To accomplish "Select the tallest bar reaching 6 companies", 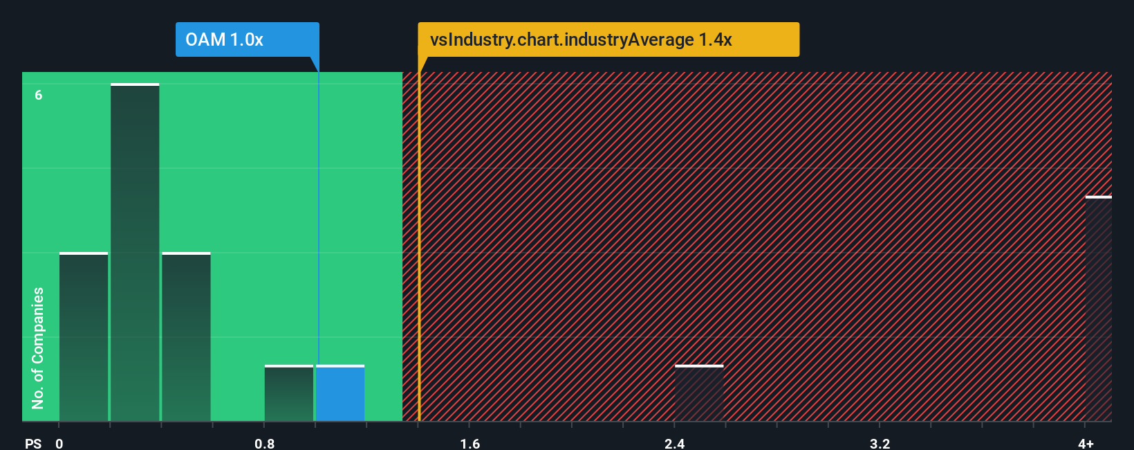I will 135,253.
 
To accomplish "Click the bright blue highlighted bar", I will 340,393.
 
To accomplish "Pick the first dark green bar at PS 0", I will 84,337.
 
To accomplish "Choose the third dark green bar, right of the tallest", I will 186,337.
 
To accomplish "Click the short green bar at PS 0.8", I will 288,393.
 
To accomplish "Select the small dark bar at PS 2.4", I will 699,393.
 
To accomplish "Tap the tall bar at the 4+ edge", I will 1098,309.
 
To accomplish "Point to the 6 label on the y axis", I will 39,95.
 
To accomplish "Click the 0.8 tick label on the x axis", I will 264,443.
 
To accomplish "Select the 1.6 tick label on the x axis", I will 470,443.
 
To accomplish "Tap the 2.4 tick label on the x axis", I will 674,443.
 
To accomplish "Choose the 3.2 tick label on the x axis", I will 880,443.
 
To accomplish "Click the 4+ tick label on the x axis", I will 1086,443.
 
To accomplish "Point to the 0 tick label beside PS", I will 59,443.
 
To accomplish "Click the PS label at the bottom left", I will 33,443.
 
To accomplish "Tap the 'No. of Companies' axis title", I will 38,348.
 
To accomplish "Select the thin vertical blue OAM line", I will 318,208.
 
